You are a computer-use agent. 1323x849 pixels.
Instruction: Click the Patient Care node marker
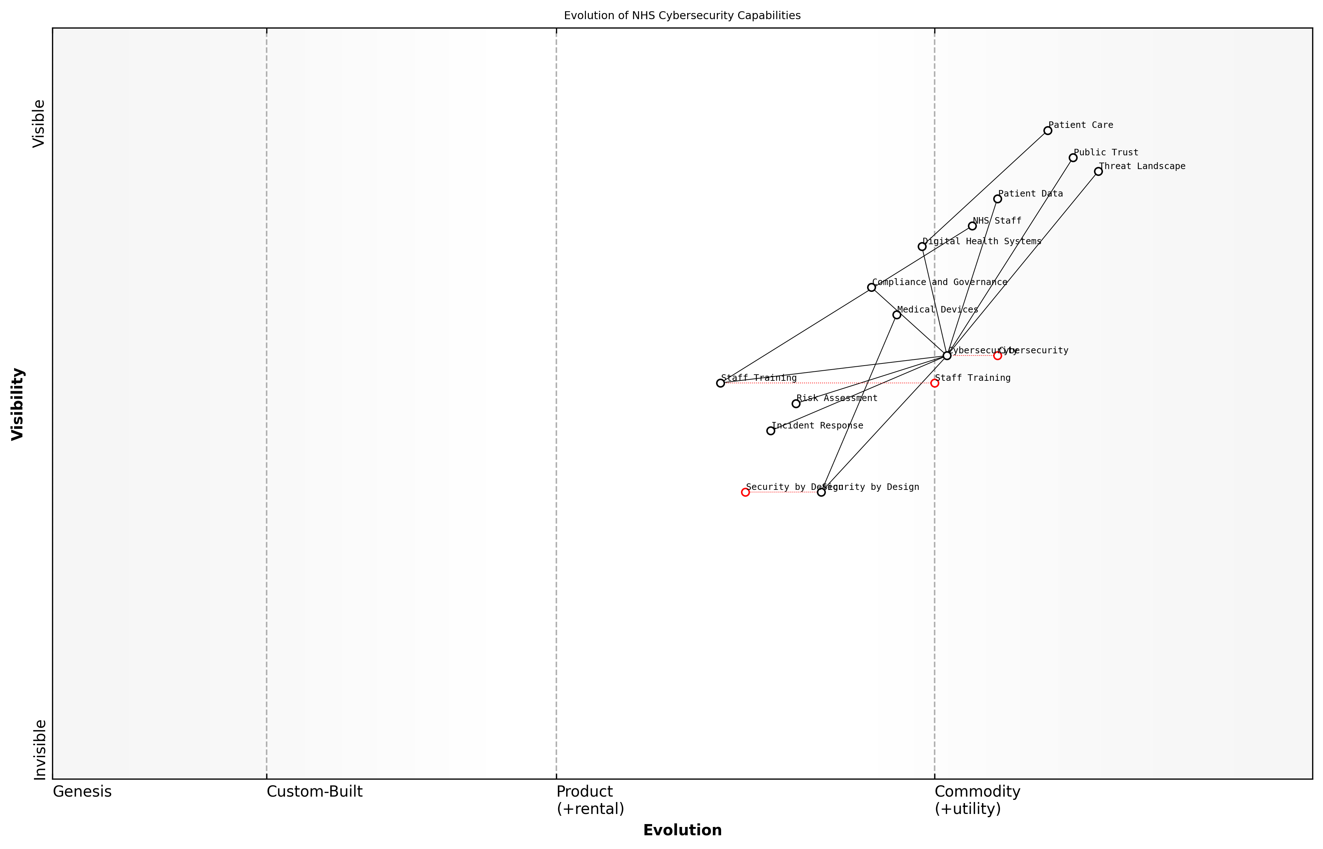1047,131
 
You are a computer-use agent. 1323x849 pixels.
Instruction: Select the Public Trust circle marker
1073,158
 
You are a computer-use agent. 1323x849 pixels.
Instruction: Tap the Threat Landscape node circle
1098,172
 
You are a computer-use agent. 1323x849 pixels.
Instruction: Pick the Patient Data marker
997,199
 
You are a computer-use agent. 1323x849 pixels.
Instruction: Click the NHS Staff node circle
972,226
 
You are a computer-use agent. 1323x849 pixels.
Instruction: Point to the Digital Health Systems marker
922,246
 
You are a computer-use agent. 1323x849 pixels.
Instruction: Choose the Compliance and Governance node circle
871,287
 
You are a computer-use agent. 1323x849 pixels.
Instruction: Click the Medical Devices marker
896,315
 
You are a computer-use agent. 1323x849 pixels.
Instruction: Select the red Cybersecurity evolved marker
997,355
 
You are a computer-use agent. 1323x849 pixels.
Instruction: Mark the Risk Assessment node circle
796,404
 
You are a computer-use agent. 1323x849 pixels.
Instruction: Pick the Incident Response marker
770,431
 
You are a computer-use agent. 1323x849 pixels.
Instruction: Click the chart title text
682,16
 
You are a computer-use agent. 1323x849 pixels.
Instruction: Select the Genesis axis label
82,792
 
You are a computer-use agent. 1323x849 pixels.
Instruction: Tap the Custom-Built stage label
314,792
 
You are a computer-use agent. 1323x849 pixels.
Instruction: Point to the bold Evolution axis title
682,830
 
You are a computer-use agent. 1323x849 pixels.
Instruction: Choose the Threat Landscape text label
1142,166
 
